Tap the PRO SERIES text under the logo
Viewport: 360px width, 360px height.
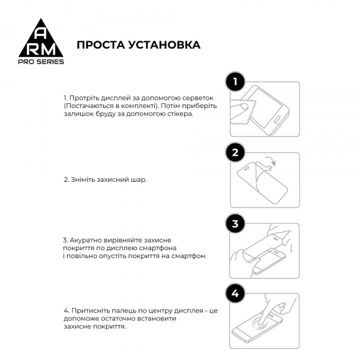[40, 61]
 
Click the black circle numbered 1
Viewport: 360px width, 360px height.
[236, 82]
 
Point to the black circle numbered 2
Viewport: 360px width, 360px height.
[236, 152]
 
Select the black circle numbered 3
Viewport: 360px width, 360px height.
[236, 224]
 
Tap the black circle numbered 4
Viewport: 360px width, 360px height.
[236, 293]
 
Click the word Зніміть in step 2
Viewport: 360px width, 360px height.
[83, 179]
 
